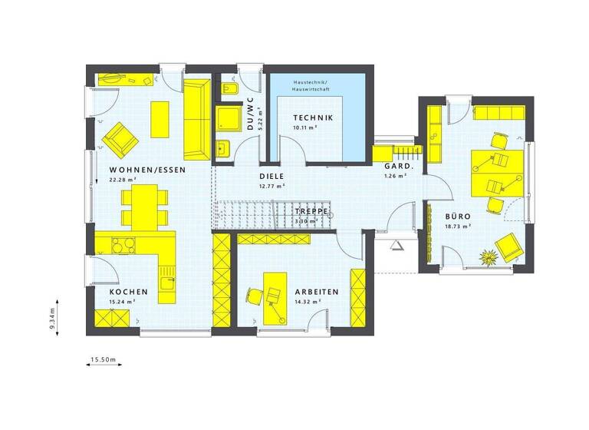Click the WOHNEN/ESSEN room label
point(147,170)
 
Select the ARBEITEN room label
point(316,293)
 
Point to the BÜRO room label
point(458,217)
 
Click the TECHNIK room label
point(313,117)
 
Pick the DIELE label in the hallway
point(272,176)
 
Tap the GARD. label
point(399,166)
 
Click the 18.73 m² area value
point(458,227)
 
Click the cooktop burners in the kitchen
point(123,246)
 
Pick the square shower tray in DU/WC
point(229,119)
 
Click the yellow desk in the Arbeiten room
point(273,296)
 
